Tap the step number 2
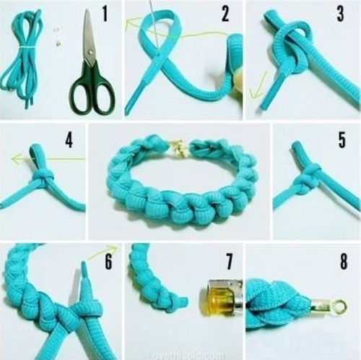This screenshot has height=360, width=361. coord(225,13)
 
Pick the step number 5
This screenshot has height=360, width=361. coord(342,140)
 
